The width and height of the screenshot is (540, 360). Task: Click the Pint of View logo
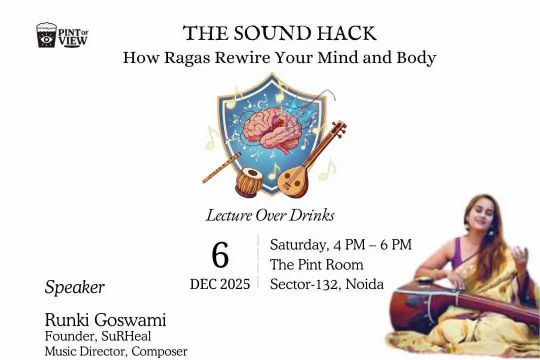click(x=62, y=35)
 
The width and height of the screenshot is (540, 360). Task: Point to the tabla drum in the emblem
click(x=249, y=181)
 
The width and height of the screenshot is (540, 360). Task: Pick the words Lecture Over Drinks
click(x=270, y=215)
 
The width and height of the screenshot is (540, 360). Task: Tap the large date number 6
click(x=220, y=255)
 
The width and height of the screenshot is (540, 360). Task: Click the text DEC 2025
click(x=220, y=284)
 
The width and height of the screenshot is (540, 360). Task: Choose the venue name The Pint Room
click(x=316, y=264)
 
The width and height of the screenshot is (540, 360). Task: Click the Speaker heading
click(x=74, y=287)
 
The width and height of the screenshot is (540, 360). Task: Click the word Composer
click(x=159, y=351)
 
